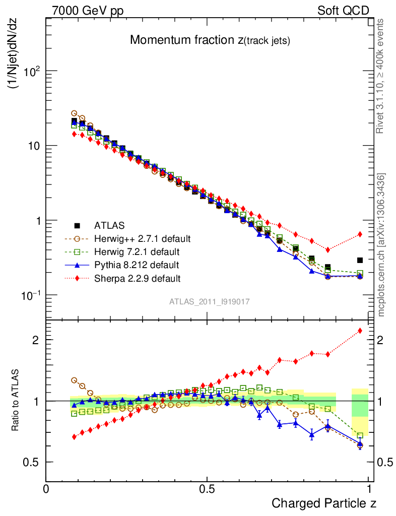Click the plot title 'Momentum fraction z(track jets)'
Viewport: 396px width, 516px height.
click(x=210, y=40)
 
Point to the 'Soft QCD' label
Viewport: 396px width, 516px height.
click(x=343, y=11)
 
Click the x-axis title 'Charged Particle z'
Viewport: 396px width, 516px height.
click(x=324, y=503)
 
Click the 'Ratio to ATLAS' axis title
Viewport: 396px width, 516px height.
click(x=16, y=400)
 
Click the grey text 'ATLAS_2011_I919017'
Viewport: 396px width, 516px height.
click(x=210, y=301)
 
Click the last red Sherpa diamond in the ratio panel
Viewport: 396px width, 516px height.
click(x=360, y=331)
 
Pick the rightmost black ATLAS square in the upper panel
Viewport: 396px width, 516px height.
click(x=360, y=260)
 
